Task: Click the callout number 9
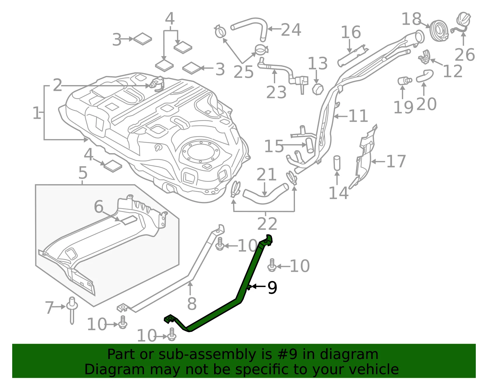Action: point(272,288)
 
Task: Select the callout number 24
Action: point(291,30)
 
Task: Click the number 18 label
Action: point(411,19)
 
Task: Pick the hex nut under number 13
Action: point(318,89)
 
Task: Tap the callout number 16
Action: point(351,32)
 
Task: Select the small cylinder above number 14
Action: point(337,163)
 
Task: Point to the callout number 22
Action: point(267,224)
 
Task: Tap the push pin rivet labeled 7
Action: point(72,310)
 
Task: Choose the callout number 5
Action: point(83,173)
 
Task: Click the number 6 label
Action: point(99,207)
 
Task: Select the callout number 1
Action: point(37,113)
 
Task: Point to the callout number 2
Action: point(57,85)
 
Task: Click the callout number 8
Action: point(192,304)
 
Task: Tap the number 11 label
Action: point(358,116)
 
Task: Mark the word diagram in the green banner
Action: point(349,355)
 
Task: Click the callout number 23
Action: point(276,92)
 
